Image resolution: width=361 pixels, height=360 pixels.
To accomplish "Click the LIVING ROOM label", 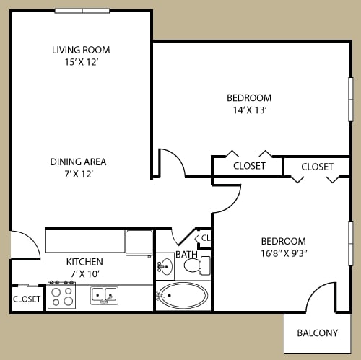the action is pos(81,50).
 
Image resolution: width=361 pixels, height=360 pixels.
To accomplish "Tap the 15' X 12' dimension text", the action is pos(82,62).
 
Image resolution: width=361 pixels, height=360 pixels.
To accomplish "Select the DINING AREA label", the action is pos(78,162).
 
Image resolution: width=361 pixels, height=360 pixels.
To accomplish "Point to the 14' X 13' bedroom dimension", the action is pos(249,110).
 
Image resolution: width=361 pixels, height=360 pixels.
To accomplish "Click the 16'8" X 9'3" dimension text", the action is pos(284,253).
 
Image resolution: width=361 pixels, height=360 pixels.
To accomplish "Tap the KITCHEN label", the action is pos(84,262).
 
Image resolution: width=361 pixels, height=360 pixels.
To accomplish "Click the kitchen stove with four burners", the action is pos(62,295).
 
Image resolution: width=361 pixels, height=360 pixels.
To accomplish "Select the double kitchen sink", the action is pos(104,296).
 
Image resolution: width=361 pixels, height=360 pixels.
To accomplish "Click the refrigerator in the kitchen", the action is pos(139,243).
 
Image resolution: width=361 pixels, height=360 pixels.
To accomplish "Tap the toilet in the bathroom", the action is pos(197,265).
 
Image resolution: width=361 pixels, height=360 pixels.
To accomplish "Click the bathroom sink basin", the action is pos(165,266).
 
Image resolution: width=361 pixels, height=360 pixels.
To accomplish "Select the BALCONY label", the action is pos(318,333).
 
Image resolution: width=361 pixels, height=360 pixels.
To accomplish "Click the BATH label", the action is pos(186,255).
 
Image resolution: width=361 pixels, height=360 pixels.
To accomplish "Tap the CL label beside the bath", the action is pos(206,238).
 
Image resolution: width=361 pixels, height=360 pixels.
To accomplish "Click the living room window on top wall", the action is pos(82,11).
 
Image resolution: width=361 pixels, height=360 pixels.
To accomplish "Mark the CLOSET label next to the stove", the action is pos(27,299).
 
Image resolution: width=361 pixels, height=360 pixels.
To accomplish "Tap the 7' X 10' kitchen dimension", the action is pos(85,274).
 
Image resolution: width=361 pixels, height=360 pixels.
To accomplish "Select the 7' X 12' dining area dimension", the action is pos(79,174).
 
